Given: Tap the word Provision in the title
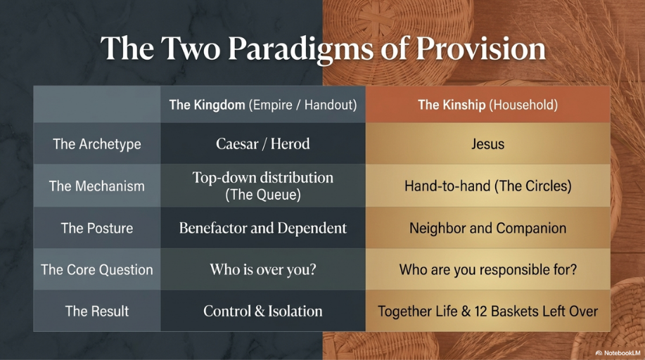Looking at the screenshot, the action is [481, 48].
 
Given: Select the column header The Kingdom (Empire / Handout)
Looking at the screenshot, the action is [263, 105].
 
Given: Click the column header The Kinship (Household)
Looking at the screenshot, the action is [488, 105].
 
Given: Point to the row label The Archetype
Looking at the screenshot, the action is [96, 144].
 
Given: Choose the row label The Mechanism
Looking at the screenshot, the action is [96, 186].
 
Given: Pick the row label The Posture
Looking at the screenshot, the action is [96, 228].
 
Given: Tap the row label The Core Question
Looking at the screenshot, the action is [96, 269].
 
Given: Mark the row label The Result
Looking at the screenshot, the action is [96, 311].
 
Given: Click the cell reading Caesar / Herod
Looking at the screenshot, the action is [263, 144].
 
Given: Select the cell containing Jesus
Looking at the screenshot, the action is [488, 144].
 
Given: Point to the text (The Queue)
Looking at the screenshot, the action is [263, 194].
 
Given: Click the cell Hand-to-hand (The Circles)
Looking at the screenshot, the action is [488, 186].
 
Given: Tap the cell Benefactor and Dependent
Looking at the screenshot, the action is [263, 228].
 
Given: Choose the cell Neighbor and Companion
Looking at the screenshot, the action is [488, 228].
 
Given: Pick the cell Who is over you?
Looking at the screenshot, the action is [263, 269].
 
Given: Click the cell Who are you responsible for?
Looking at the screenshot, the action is [488, 270].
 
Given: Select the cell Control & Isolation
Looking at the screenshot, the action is [263, 311].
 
